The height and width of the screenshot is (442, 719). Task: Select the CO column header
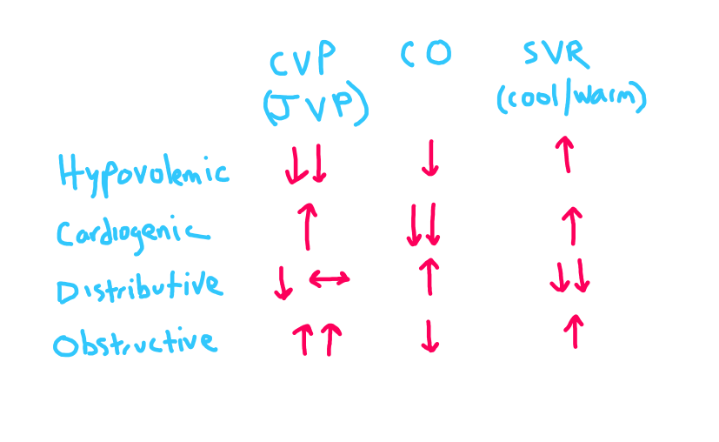click(426, 55)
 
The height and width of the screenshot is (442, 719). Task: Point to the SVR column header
click(557, 54)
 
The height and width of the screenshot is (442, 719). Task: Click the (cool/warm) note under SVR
click(571, 97)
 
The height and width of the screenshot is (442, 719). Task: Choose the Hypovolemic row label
click(143, 172)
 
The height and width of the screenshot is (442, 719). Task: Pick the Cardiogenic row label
click(134, 232)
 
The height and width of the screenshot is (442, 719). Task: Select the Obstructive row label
click(135, 342)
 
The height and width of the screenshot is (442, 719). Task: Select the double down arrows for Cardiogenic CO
click(424, 225)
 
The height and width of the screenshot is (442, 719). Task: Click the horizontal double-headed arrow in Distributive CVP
click(330, 278)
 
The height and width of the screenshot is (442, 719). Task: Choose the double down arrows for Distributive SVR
click(570, 278)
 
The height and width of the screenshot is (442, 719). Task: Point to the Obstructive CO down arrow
click(429, 335)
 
